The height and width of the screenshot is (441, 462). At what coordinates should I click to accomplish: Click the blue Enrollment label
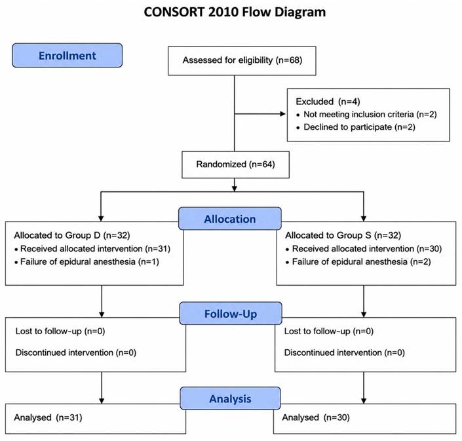click(x=67, y=56)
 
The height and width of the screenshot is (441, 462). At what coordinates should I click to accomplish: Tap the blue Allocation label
click(x=230, y=219)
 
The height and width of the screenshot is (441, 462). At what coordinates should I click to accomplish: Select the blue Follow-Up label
click(x=231, y=313)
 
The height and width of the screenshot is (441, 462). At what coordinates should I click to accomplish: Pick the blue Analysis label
click(x=231, y=398)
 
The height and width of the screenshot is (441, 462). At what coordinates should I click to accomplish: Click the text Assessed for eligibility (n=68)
click(x=242, y=60)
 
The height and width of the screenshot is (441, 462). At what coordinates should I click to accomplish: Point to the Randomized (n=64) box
click(x=235, y=164)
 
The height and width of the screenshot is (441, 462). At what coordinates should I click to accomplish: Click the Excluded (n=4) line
click(x=328, y=102)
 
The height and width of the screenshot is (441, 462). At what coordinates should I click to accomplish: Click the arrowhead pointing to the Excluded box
click(x=283, y=114)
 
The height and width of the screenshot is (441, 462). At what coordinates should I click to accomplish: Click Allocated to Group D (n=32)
click(x=72, y=235)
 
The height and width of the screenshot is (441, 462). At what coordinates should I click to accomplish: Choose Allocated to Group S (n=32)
click(x=343, y=235)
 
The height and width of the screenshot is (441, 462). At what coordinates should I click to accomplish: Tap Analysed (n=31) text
click(x=48, y=417)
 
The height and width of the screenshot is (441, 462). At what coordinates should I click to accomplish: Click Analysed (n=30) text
click(x=316, y=417)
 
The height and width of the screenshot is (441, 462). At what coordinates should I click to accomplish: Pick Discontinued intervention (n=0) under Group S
click(x=345, y=353)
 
